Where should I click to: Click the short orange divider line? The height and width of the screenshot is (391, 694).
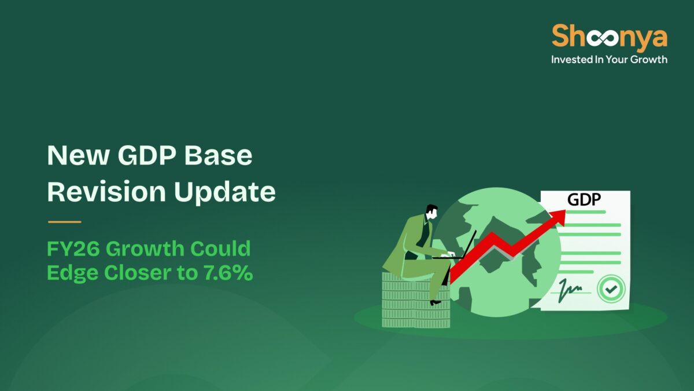point(64,222)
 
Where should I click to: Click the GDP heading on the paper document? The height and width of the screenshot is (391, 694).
point(584,200)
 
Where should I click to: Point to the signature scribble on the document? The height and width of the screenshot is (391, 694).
point(570,287)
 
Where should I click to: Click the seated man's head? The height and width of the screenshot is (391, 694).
point(431,212)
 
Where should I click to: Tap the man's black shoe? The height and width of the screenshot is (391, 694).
point(435,302)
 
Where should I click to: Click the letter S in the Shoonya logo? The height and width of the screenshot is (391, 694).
point(560,36)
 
